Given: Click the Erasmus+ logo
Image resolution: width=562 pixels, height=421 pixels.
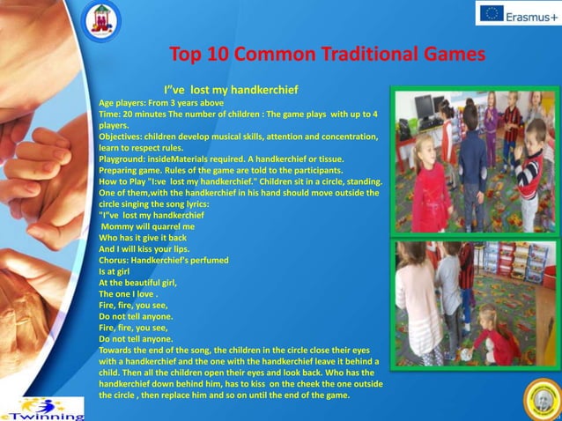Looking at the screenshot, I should click(518, 12).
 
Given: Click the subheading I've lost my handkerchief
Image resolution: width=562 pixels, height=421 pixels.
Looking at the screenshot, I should click(231, 90).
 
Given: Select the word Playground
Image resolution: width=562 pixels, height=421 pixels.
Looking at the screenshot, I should click(122, 159).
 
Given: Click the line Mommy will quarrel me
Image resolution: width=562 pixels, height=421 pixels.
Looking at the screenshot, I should click(147, 226).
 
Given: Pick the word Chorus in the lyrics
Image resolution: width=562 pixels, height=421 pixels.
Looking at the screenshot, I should click(115, 261).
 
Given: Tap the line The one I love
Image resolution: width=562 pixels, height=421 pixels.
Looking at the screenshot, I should click(128, 293).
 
